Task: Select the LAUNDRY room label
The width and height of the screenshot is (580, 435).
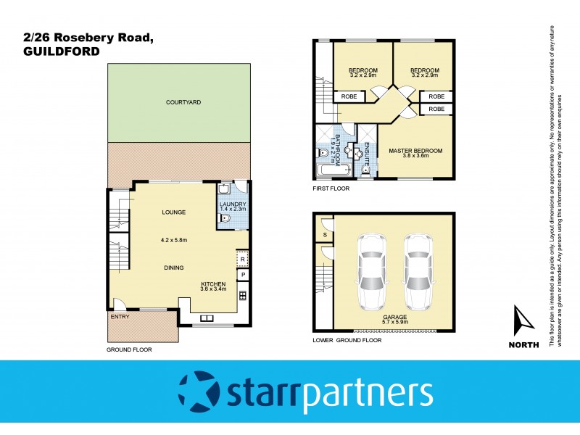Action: (233, 204)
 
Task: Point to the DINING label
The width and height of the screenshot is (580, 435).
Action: (173, 268)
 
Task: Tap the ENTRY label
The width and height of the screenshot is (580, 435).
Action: (119, 317)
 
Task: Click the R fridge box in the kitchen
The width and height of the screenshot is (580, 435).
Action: (243, 260)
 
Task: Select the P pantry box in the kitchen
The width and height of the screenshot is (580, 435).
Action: (243, 275)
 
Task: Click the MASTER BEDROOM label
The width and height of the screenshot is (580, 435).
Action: (415, 151)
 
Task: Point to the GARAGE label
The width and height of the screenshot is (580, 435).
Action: (395, 317)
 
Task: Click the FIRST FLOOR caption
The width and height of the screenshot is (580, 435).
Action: (331, 188)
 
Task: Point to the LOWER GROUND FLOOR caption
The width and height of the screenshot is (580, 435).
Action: (347, 339)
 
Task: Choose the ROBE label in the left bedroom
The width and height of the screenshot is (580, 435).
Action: (345, 96)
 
